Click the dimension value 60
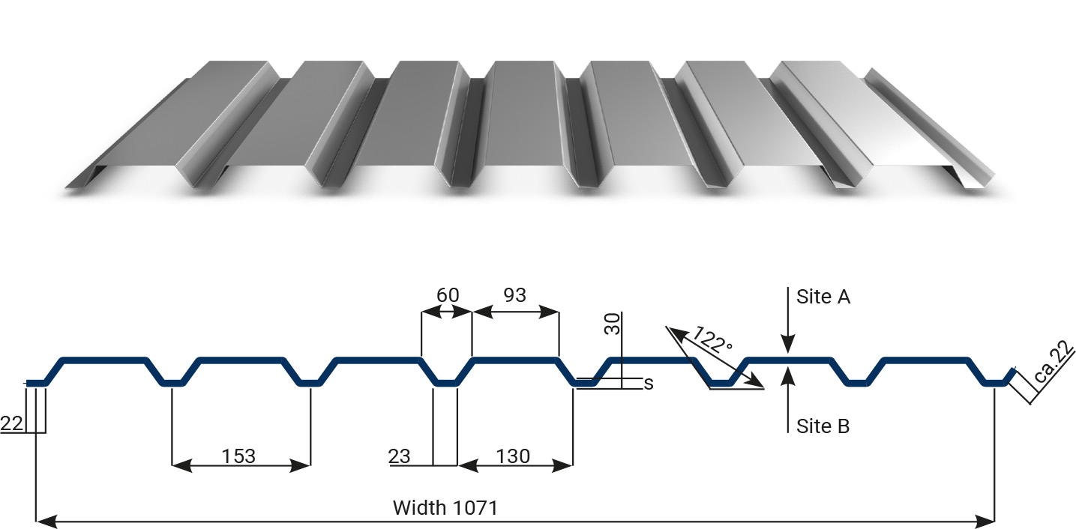click(448, 294)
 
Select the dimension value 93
click(514, 294)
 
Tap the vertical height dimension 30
click(613, 324)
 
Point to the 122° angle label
click(712, 339)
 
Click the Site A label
click(823, 297)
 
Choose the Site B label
click(823, 426)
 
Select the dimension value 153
click(238, 456)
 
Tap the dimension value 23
click(399, 456)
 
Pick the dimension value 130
click(513, 456)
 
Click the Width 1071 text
click(445, 508)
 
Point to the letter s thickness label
click(649, 384)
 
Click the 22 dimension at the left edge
click(11, 423)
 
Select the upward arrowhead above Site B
click(788, 376)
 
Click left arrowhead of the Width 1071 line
click(46, 522)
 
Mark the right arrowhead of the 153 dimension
click(300, 465)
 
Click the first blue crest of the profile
click(103, 360)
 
